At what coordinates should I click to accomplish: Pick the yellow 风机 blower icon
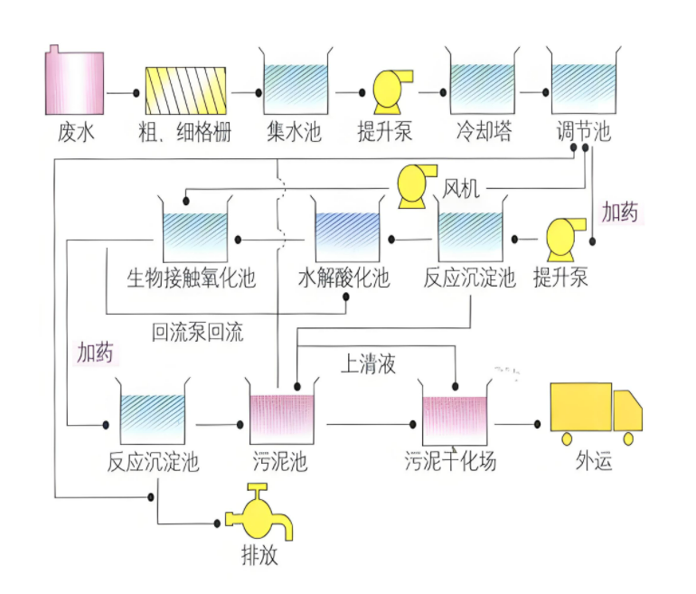[x=415, y=186]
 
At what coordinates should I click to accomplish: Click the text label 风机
[x=461, y=189]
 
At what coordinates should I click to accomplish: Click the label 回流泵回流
[x=197, y=332]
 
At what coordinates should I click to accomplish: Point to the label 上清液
[x=368, y=363]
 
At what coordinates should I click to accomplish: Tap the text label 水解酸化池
[x=344, y=278]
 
